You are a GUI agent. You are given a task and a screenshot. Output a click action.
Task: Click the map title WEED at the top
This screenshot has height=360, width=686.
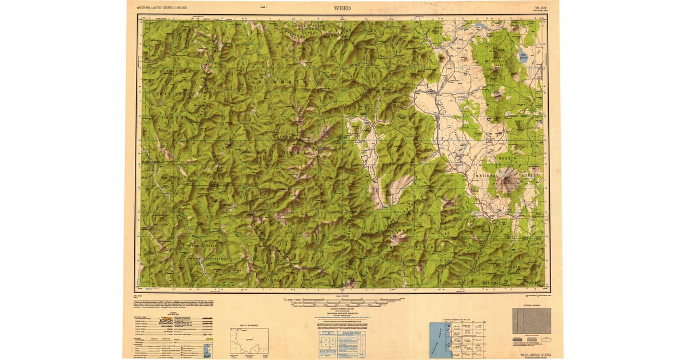(x=343, y=8)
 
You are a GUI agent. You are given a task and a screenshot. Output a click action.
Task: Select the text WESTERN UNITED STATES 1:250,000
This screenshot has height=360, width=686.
(x=166, y=8)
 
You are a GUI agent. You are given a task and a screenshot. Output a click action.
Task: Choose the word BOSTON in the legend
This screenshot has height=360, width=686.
(x=165, y=321)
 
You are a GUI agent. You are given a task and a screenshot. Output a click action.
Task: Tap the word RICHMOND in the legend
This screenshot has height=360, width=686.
(x=165, y=325)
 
